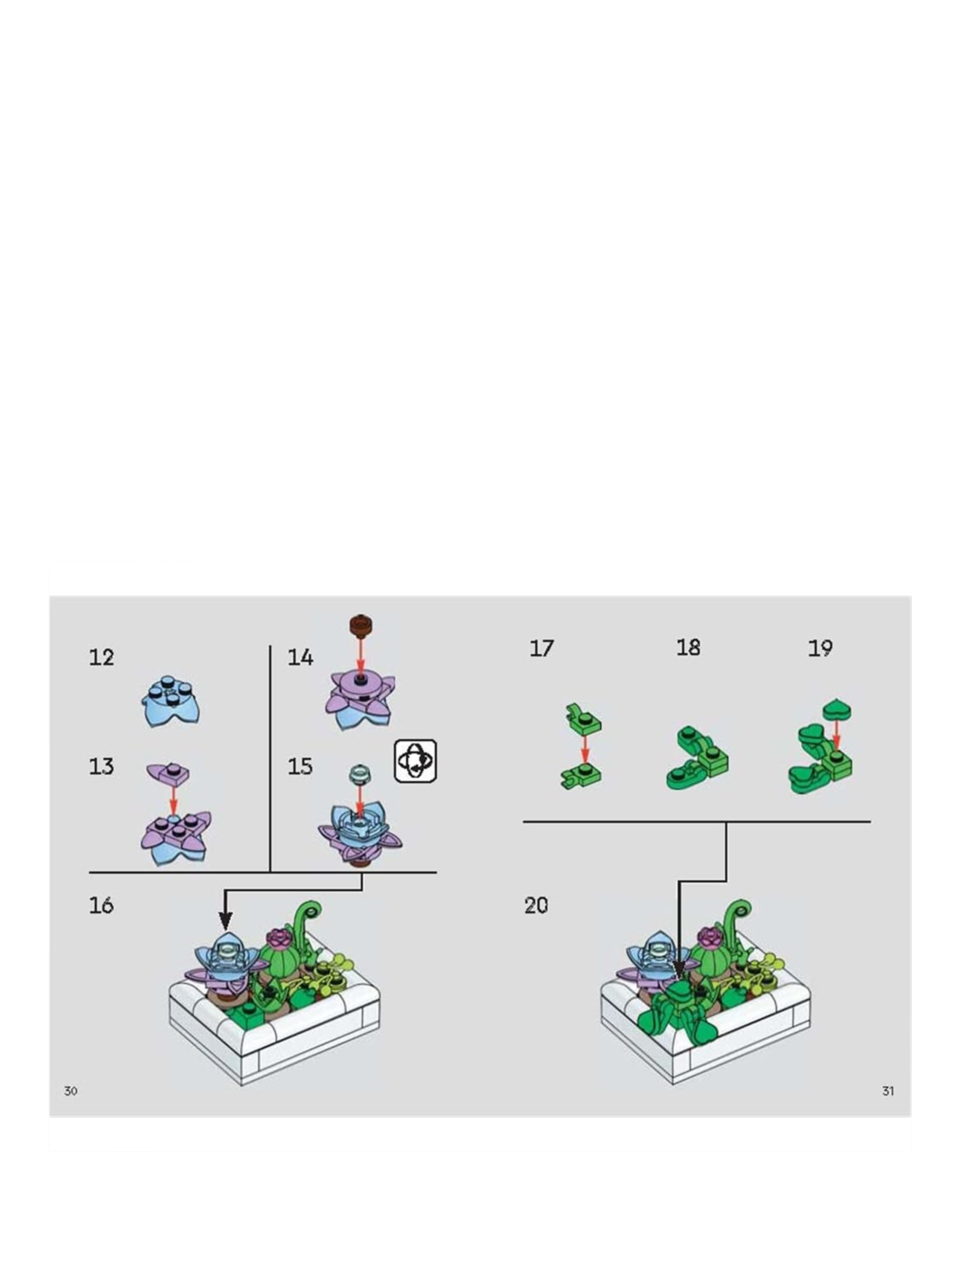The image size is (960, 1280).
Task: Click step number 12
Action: tap(101, 657)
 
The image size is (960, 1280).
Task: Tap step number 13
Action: tap(101, 766)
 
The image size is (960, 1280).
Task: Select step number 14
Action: tap(300, 657)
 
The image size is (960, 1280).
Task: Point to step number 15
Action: tap(300, 766)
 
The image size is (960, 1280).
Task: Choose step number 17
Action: tap(541, 648)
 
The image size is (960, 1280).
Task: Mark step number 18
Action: tap(688, 648)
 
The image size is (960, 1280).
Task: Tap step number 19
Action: tap(820, 648)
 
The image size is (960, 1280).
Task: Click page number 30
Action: tap(70, 1091)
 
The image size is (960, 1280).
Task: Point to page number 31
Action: tap(887, 1091)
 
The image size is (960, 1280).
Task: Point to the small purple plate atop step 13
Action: tap(169, 772)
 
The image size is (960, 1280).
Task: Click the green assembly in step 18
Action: tap(697, 758)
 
